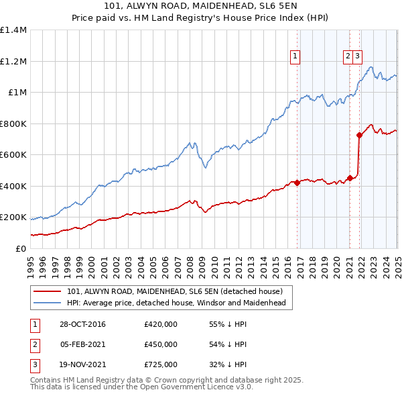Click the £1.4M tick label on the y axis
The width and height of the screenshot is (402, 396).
(x=13, y=30)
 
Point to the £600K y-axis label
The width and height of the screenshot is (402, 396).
(x=13, y=155)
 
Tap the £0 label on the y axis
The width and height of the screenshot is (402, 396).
(x=21, y=248)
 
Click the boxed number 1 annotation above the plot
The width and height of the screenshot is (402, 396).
(x=295, y=57)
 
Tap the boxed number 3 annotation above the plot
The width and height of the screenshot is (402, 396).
(x=358, y=57)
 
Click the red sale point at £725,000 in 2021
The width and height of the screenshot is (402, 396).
(x=359, y=135)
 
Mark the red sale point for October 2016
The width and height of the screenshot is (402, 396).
(x=297, y=183)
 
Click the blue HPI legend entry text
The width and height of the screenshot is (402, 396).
(x=176, y=303)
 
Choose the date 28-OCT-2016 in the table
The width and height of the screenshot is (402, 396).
(x=82, y=325)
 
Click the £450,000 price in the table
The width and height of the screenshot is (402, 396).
(x=161, y=344)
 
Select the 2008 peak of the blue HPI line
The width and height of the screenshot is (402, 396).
(x=190, y=142)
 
